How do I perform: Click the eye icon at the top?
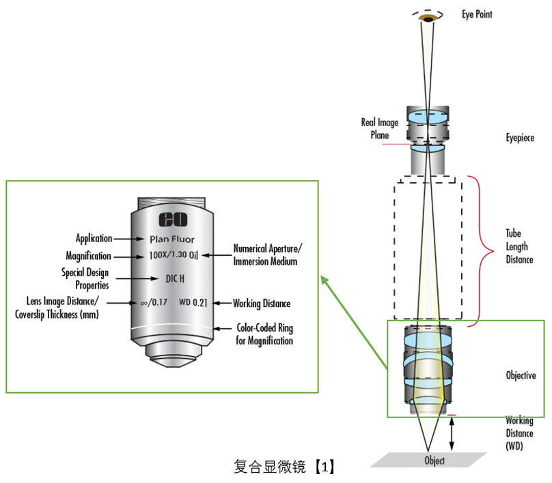[428, 17]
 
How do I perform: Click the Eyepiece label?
[520, 138]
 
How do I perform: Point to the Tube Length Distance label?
[519, 246]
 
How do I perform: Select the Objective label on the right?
[521, 375]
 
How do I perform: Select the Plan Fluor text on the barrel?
[172, 239]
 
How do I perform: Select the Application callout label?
[94, 239]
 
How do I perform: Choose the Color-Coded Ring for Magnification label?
[264, 334]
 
